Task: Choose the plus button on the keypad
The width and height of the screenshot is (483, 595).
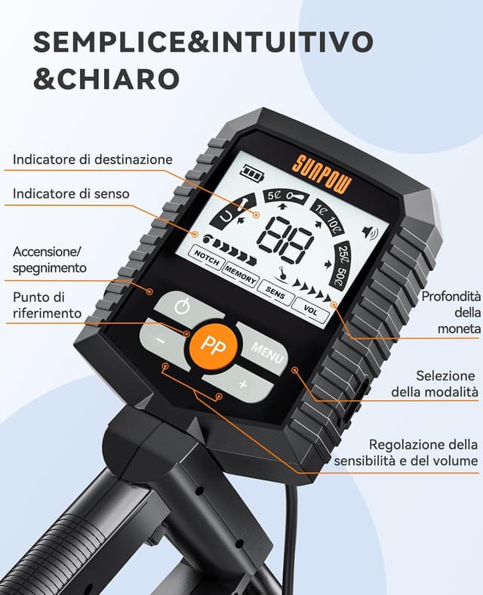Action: pyautogui.click(x=242, y=384)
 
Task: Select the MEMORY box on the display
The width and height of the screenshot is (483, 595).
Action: pyautogui.click(x=239, y=278)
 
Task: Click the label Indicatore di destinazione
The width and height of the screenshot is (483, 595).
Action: pyautogui.click(x=93, y=160)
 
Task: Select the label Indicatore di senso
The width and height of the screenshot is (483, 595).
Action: pyautogui.click(x=71, y=194)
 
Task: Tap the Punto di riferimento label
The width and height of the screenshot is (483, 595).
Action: pyautogui.click(x=46, y=304)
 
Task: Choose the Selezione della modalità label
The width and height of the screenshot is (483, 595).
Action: pyautogui.click(x=435, y=384)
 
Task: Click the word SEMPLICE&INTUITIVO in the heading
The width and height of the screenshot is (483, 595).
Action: pyautogui.click(x=203, y=42)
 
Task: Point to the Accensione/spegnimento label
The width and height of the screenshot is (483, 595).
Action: pyautogui.click(x=50, y=259)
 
